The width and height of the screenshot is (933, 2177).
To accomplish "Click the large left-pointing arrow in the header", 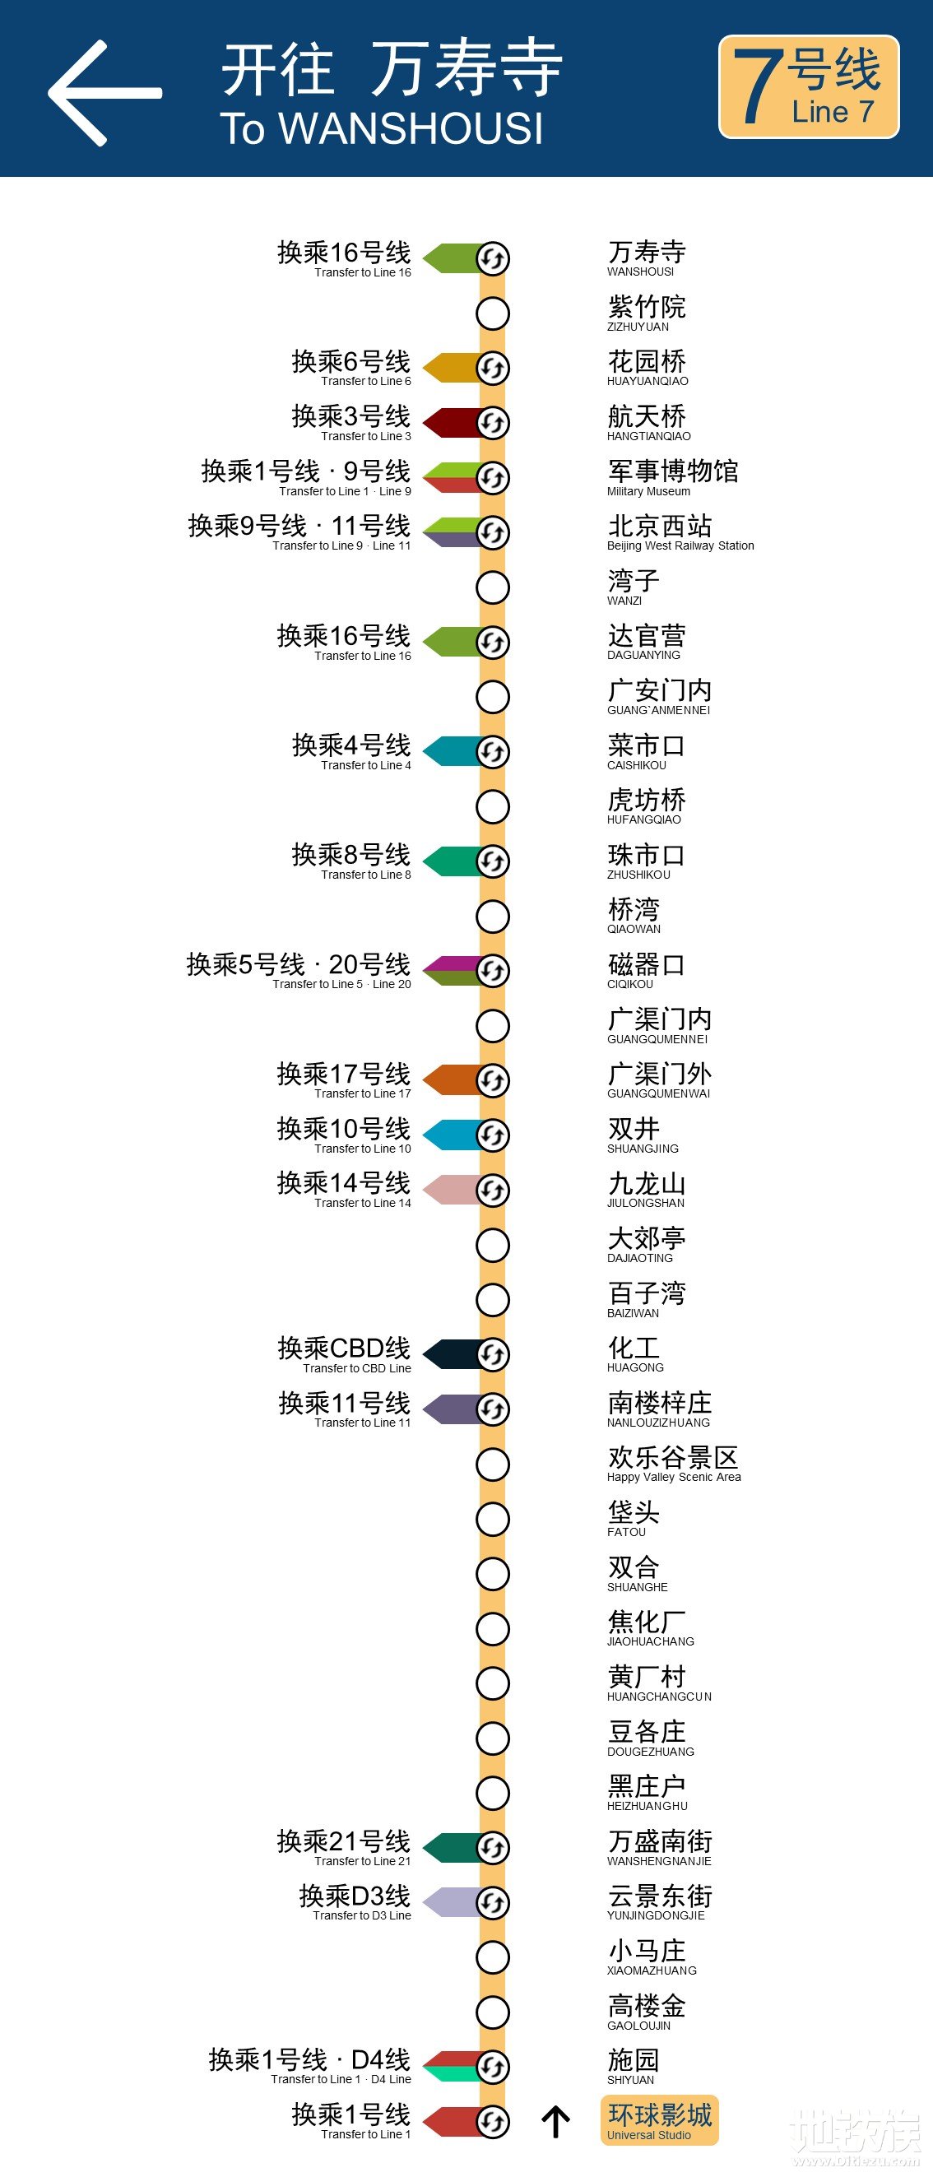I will click(x=103, y=93).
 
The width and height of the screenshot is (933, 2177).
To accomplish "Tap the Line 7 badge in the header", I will click(x=808, y=87).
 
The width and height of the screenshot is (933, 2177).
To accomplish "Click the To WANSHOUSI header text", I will click(x=382, y=128).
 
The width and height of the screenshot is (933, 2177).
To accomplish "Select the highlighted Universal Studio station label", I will click(x=659, y=2119).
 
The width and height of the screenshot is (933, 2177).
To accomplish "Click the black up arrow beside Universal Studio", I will click(x=555, y=2120).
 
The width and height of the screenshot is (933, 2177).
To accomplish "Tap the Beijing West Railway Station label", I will click(x=680, y=531).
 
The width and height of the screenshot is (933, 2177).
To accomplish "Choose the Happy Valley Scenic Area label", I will click(x=674, y=1464).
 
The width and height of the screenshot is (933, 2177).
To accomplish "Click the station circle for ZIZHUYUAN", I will click(x=493, y=313).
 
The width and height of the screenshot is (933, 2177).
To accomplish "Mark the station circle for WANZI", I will click(x=493, y=587).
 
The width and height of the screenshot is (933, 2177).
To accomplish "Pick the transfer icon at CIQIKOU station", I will click(x=493, y=971).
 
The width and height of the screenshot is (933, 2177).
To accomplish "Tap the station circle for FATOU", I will click(x=493, y=1519).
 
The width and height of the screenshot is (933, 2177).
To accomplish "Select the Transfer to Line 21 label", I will click(x=344, y=1846).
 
